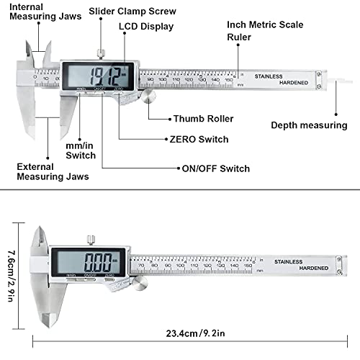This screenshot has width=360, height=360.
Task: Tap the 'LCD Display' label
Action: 146,27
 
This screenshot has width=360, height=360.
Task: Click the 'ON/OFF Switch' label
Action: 215,168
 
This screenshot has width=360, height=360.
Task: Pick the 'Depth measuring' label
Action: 309,125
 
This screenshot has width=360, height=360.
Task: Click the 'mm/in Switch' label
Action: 80,150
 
